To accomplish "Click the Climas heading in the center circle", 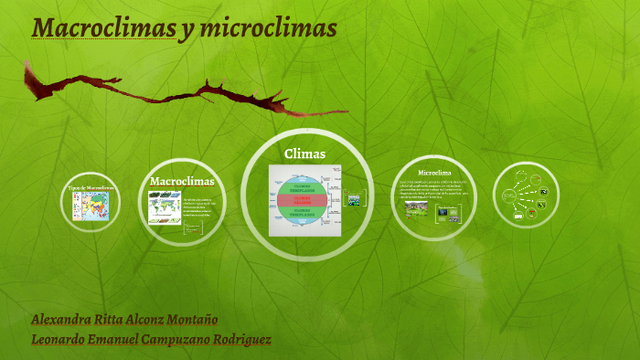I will [x=305, y=154].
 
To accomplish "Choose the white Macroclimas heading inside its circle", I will [x=182, y=181].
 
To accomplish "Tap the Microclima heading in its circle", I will [x=434, y=172].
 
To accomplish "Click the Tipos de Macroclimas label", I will [x=91, y=187].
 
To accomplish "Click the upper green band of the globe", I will [x=303, y=185].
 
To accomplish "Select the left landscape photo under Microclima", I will [x=416, y=209].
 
